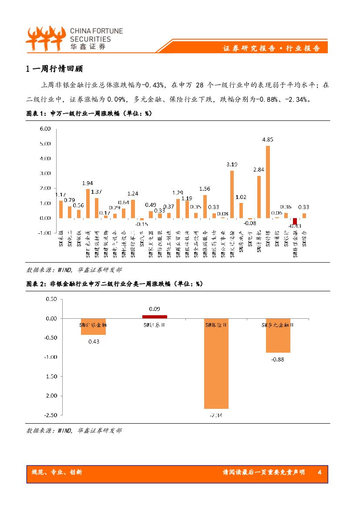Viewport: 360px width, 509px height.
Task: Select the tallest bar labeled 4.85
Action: coord(268,182)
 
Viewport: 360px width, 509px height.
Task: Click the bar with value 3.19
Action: coord(232,194)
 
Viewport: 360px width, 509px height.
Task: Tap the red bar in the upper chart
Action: coord(295,221)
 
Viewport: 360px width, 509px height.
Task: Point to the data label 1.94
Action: coord(87,183)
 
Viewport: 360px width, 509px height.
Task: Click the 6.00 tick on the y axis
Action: coord(45,129)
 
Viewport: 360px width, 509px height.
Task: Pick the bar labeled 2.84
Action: coord(259,197)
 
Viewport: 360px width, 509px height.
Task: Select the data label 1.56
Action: coord(205,189)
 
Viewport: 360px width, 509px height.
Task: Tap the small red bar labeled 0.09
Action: coord(155,317)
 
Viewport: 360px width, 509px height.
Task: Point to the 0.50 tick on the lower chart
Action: coord(51,299)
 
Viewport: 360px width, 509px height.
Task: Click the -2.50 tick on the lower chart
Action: coord(50,415)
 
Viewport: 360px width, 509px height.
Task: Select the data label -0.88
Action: coord(278,359)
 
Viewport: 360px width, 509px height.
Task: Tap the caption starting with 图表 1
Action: coord(89,114)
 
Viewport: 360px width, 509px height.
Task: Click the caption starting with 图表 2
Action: coord(114,283)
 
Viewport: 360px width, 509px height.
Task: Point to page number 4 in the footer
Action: coord(320,472)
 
